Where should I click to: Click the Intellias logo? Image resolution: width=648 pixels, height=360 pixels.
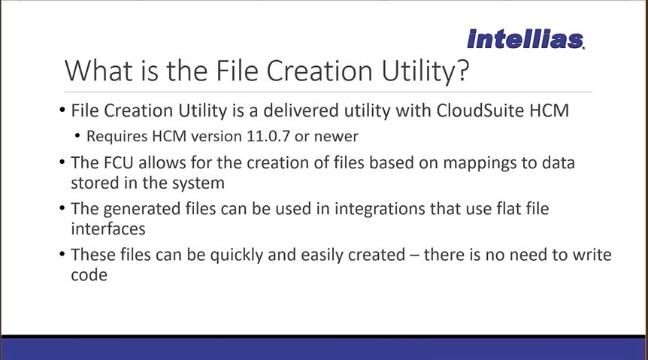pos(525,39)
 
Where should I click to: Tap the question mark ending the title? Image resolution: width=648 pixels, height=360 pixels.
pos(463,71)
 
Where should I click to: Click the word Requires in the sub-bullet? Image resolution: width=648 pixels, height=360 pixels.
pos(117,136)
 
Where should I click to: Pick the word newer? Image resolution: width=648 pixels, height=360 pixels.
pos(336,136)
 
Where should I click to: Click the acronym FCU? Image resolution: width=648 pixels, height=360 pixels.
pos(118,162)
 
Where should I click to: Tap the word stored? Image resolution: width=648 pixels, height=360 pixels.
pos(95,183)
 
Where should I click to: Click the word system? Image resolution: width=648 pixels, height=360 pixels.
pos(198,183)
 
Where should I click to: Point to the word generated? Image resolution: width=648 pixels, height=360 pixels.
pos(142,209)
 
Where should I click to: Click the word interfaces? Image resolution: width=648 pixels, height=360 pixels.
pos(108,228)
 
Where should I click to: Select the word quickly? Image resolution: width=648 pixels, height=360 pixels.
pos(236,256)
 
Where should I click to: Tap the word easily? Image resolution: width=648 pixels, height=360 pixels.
pos(322,256)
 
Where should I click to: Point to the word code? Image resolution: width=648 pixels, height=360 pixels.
pos(89,275)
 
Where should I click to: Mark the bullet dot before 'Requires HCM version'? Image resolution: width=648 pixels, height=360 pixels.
pos(77,136)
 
